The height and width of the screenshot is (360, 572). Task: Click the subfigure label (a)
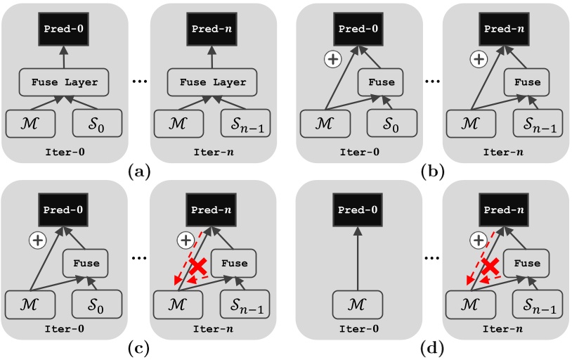pyautogui.click(x=136, y=169)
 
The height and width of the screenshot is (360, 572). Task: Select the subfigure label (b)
pyautogui.click(x=431, y=169)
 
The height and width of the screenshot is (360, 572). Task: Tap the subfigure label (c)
pyautogui.click(x=136, y=347)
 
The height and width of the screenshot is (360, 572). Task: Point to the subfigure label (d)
pyautogui.click(x=431, y=347)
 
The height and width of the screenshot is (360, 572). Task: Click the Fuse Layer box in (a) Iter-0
pyautogui.click(x=64, y=82)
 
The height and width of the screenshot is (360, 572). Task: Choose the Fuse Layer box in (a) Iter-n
pyautogui.click(x=212, y=82)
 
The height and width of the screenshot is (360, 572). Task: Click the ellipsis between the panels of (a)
pyautogui.click(x=138, y=81)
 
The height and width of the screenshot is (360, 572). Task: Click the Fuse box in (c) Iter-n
pyautogui.click(x=233, y=264)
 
